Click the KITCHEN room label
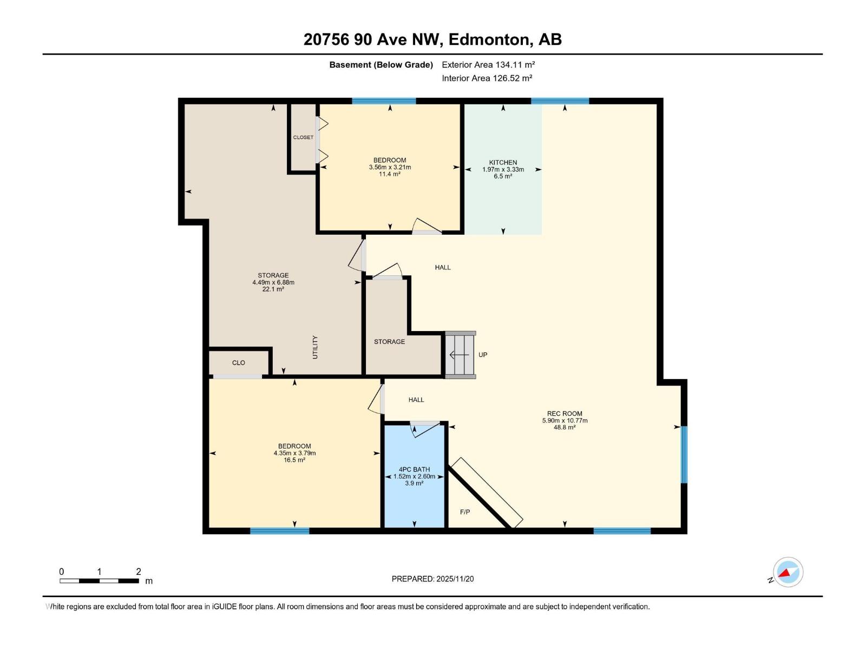[x=503, y=162]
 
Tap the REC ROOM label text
[x=564, y=413]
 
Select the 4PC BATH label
[x=414, y=469]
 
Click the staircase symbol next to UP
[x=461, y=355]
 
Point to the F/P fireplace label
[x=465, y=512]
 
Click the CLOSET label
[x=303, y=137]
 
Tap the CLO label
[x=238, y=362]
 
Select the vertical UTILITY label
[x=315, y=347]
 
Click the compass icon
[x=788, y=572]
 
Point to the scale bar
[x=99, y=581]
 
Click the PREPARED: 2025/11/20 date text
[x=432, y=579]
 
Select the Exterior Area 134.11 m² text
[x=488, y=64]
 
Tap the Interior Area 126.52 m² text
[x=487, y=78]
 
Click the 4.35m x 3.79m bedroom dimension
[x=294, y=453]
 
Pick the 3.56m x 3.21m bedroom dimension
[x=390, y=167]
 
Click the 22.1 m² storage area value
[x=273, y=289]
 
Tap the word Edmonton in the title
[x=489, y=39]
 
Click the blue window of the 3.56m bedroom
[x=384, y=101]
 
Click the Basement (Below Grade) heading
[x=381, y=64]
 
